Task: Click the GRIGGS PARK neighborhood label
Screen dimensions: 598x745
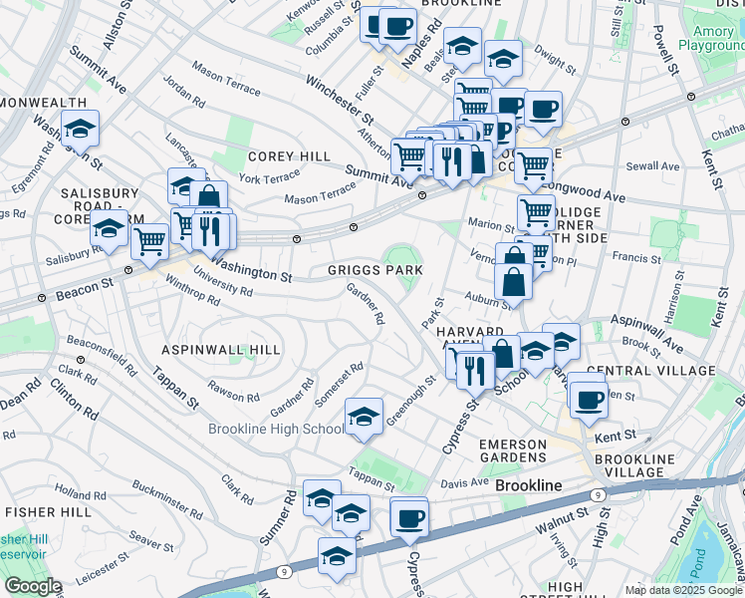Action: coord(375,270)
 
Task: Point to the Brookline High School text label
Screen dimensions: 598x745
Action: coord(276,429)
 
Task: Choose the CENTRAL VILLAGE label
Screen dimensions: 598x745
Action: coord(651,371)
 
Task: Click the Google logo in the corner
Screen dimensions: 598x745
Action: coord(32,586)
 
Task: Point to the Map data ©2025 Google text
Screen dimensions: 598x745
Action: coord(682,590)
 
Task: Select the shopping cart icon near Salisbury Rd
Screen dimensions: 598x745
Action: coord(149,240)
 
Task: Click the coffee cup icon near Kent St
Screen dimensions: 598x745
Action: coord(589,397)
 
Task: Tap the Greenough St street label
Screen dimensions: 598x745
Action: coord(411,399)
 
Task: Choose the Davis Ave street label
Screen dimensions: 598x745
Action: coord(465,482)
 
